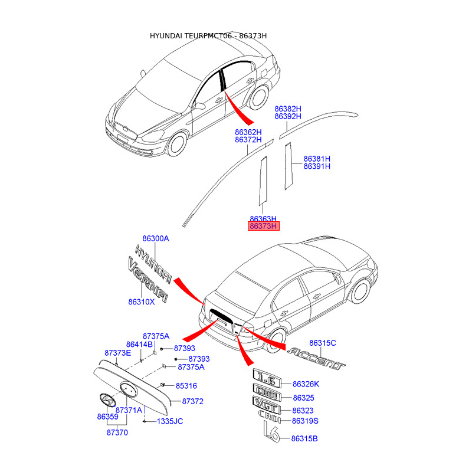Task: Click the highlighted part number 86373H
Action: [x=263, y=226]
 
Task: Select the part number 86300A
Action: [x=156, y=238]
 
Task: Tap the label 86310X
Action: [x=142, y=301]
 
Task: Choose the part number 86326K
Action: [x=307, y=384]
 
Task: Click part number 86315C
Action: [x=323, y=343]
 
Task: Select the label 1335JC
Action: [x=171, y=421]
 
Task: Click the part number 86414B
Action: [x=139, y=344]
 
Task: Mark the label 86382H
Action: [x=288, y=109]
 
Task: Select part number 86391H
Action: [x=317, y=166]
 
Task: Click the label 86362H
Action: [x=248, y=132]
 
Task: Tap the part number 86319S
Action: [x=305, y=421]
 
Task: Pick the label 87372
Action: [x=192, y=401]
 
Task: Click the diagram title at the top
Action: [x=208, y=36]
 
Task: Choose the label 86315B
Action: [x=305, y=438]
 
